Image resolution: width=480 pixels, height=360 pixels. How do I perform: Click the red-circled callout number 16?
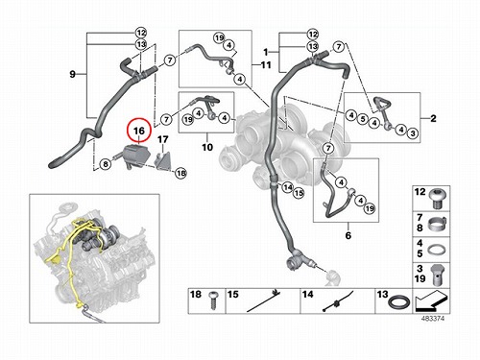pos(139,131)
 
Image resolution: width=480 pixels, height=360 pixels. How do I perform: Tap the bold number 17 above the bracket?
pos(163,139)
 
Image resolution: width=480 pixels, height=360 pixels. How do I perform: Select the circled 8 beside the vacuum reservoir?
pos(106,164)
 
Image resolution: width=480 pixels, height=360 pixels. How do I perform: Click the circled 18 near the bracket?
pos(181,173)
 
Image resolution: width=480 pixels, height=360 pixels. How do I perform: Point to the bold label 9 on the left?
pos(73,74)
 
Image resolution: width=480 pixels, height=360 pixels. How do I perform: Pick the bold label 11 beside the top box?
pos(266,65)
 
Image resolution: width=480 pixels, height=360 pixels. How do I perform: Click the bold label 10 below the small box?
pos(207,147)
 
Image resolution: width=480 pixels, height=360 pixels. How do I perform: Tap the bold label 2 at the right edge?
pos(433,118)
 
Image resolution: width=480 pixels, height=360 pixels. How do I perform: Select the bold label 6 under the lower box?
pos(348,235)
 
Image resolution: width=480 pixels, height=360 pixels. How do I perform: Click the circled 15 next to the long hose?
pos(299,193)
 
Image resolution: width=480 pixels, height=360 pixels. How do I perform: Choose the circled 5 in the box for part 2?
pos(363,119)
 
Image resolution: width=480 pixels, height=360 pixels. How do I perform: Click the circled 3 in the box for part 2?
pos(413,132)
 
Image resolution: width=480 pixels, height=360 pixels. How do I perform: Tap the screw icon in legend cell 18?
pos(213,300)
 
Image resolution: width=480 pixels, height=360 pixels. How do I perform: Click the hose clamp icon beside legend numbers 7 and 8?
pos(437,224)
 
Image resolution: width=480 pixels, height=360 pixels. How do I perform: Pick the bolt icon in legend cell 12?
pos(437,198)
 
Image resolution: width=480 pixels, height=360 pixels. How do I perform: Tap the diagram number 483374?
pos(432,319)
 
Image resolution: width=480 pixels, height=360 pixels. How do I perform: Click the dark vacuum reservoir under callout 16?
pos(133,156)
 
